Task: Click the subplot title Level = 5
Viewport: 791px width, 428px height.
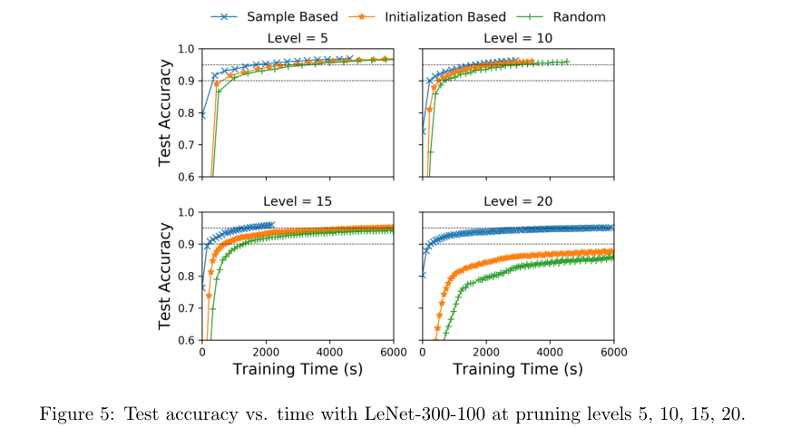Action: click(298, 39)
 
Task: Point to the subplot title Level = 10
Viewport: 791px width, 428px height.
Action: click(518, 39)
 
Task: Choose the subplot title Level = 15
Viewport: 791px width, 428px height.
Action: click(298, 201)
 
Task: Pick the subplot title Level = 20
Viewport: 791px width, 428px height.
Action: click(518, 201)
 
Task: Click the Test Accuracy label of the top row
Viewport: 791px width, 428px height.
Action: click(166, 112)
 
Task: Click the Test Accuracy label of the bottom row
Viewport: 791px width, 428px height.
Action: click(166, 276)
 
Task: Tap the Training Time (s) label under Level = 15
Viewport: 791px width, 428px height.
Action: click(298, 369)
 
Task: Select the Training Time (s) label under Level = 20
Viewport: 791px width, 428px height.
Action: click(518, 369)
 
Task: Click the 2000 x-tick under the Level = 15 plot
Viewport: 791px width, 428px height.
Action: click(266, 352)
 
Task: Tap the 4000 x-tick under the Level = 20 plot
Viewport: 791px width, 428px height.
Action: click(551, 352)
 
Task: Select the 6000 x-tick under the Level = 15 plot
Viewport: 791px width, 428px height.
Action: click(391, 352)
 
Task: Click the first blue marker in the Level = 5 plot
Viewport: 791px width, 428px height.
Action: click(202, 115)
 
